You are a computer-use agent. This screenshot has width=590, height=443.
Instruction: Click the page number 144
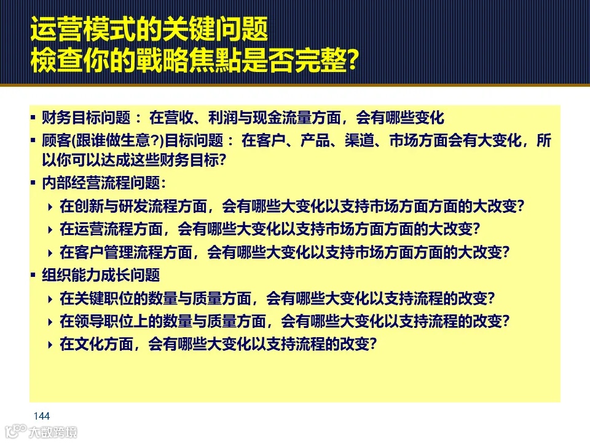click(42, 417)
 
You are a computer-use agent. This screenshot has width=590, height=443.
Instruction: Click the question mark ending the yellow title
click(352, 62)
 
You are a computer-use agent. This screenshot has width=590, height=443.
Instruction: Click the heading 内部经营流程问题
click(101, 183)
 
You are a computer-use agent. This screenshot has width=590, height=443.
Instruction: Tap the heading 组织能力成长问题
click(101, 275)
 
